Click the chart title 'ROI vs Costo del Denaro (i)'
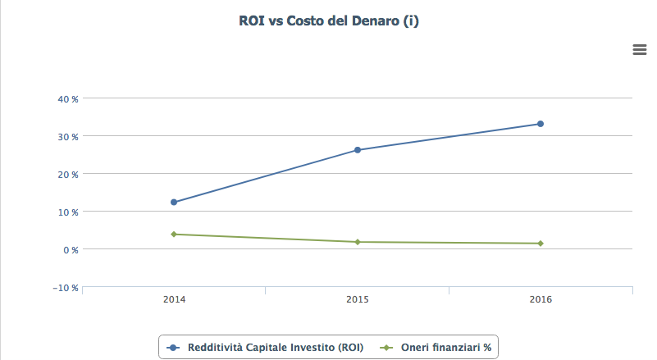pyautogui.click(x=328, y=21)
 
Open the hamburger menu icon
pyautogui.click(x=640, y=50)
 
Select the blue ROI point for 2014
pyautogui.click(x=174, y=202)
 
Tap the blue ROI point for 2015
pyautogui.click(x=358, y=150)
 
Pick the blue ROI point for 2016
pyautogui.click(x=541, y=124)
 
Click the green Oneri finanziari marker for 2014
pyautogui.click(x=174, y=235)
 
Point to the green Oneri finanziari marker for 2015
pyautogui.click(x=358, y=242)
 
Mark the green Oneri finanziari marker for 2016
pyautogui.click(x=541, y=244)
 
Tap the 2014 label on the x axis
pyautogui.click(x=174, y=300)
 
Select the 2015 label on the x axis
pyautogui.click(x=358, y=300)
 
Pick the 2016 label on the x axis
pyautogui.click(x=541, y=300)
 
